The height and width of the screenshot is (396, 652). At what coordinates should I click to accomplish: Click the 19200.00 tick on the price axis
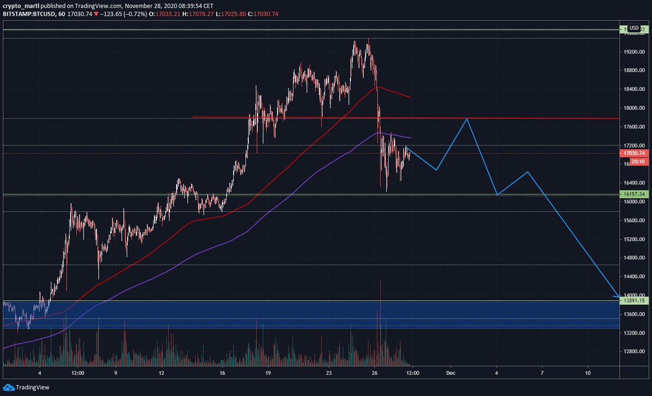click(x=634, y=52)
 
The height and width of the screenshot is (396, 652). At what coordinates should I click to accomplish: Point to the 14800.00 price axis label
click(x=634, y=258)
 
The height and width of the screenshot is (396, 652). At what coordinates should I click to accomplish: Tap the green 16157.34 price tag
click(x=634, y=194)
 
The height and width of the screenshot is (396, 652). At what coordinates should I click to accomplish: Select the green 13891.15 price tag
click(x=634, y=300)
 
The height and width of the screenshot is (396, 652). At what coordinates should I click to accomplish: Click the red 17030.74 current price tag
click(x=634, y=154)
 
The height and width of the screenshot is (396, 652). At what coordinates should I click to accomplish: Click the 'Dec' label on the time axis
click(x=450, y=373)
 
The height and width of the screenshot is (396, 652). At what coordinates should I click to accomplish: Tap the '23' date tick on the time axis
click(x=328, y=373)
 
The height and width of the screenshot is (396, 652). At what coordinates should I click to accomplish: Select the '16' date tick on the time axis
click(x=222, y=373)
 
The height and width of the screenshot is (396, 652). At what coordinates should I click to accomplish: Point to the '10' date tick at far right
click(x=588, y=373)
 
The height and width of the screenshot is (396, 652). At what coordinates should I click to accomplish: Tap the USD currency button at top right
click(x=634, y=28)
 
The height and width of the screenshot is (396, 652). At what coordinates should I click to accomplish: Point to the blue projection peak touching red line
click(x=466, y=118)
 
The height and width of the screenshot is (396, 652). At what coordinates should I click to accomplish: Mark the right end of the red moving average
click(x=410, y=97)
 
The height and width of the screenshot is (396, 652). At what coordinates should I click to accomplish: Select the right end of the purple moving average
click(x=410, y=138)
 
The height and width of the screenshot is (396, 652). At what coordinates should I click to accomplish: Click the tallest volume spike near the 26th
click(x=380, y=282)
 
